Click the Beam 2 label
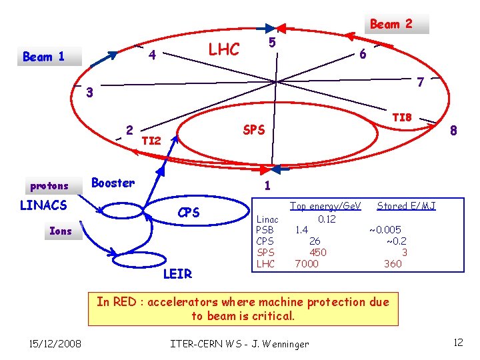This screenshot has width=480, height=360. tap(391, 24)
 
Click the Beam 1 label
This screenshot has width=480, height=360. tap(44, 57)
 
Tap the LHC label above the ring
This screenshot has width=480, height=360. tap(223, 49)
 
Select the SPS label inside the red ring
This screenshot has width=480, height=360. tap(254, 129)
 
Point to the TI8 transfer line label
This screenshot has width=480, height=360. tap(402, 117)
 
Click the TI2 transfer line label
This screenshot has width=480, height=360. tap(151, 141)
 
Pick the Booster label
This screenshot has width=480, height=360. tap(113, 183)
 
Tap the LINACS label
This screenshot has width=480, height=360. tap(43, 205)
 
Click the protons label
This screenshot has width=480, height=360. tap(49, 185)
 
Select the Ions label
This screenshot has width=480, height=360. tap(61, 231)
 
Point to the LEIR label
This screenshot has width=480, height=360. tap(177, 273)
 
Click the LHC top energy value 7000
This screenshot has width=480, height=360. tap(307, 264)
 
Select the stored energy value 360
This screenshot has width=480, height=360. tap(393, 264)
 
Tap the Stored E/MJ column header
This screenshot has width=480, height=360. tap(406, 206)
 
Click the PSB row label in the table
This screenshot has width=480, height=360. tap(265, 230)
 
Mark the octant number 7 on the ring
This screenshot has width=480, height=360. tap(420, 83)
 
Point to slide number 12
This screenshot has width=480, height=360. tap(457, 342)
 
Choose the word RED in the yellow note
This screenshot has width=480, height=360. tap(127, 301)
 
